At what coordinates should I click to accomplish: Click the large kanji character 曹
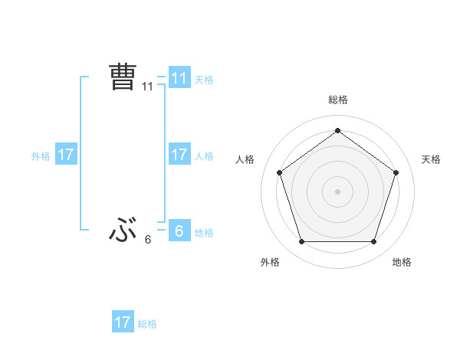point(123,77)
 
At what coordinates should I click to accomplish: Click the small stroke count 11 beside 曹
point(148,87)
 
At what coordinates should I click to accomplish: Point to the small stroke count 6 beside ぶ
point(148,240)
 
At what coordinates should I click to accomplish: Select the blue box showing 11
point(179,78)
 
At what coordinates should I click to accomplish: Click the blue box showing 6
point(179,231)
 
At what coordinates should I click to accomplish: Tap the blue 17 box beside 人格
point(179,155)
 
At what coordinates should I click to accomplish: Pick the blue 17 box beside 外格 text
point(66,155)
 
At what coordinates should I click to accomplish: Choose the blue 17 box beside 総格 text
point(123,322)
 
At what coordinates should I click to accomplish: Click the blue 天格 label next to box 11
point(204,80)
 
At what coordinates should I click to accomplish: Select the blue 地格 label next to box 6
point(204,233)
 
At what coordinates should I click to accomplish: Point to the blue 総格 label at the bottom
point(147,324)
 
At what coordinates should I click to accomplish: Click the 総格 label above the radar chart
point(337,100)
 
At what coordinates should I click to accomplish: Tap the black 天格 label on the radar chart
point(431,159)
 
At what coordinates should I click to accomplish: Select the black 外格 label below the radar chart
point(270,262)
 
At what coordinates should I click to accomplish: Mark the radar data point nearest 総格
point(337,130)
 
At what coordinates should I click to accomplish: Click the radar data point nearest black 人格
point(279,172)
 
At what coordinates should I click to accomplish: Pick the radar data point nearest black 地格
point(373,241)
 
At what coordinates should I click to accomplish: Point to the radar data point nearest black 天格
point(396,172)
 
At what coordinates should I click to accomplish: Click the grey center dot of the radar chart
point(337,191)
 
